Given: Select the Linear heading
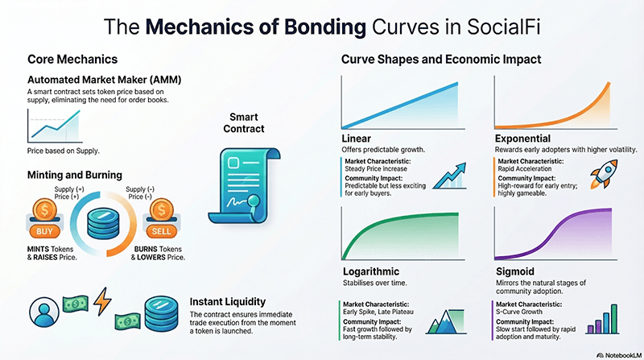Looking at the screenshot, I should pyautogui.click(x=357, y=139).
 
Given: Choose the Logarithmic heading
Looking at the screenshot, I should pyautogui.click(x=373, y=272).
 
